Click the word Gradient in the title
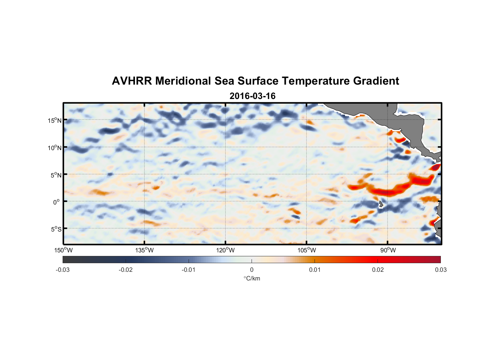[x=376, y=81]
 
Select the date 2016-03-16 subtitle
[x=252, y=96]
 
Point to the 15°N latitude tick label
[x=55, y=120]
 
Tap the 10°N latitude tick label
[x=55, y=148]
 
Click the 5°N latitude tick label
[x=56, y=175]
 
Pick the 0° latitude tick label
[x=57, y=202]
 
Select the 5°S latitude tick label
[x=56, y=229]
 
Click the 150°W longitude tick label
[x=63, y=250]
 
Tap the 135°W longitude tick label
[x=144, y=250]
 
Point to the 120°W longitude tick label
[x=225, y=250]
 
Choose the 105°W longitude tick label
[x=307, y=250]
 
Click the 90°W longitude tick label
[x=388, y=250]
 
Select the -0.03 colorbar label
[x=63, y=270]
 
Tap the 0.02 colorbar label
[x=378, y=270]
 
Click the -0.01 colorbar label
[x=189, y=270]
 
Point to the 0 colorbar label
[x=252, y=270]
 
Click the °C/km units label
[x=252, y=278]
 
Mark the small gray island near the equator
[x=381, y=204]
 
